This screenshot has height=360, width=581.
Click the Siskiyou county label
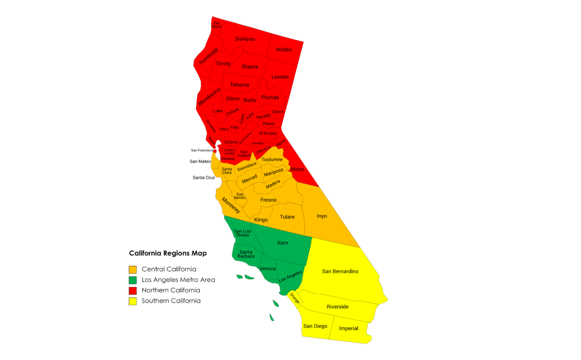click(x=245, y=39)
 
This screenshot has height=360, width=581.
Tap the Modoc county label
click(x=284, y=49)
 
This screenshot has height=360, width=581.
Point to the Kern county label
click(x=283, y=243)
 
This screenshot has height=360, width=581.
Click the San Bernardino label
click(x=340, y=271)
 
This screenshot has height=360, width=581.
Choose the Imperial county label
click(x=349, y=329)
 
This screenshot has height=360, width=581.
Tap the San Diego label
click(x=315, y=326)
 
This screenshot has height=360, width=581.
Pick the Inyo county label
click(x=321, y=216)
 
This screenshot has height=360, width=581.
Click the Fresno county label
click(x=268, y=200)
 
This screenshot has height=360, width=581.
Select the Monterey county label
click(x=231, y=205)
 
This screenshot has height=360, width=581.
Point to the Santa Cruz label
click(x=203, y=178)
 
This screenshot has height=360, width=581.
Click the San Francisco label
click(x=202, y=150)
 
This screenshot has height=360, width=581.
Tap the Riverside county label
click(x=337, y=307)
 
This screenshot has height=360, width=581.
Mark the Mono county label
click(x=297, y=170)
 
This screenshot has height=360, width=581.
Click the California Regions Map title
click(x=168, y=253)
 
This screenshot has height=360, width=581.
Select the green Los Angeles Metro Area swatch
click(x=133, y=280)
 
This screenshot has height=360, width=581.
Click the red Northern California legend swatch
click(x=133, y=290)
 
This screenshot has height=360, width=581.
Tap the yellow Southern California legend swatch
click(x=133, y=301)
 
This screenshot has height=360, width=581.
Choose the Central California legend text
click(x=168, y=269)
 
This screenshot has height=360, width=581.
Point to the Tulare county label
click(x=287, y=217)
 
